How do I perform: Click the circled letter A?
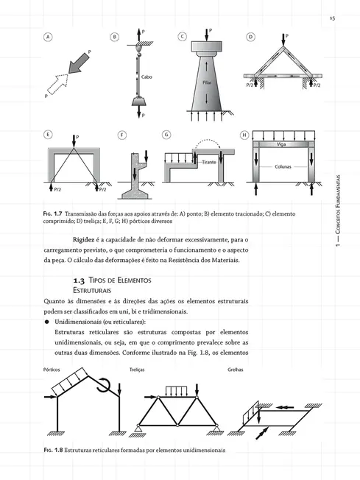[x=49, y=36]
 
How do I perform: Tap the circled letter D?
[x=250, y=36]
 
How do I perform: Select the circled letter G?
[x=166, y=135]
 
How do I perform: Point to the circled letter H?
[x=245, y=135]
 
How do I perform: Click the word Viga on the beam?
[x=281, y=144]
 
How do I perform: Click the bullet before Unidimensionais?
[x=46, y=322]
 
